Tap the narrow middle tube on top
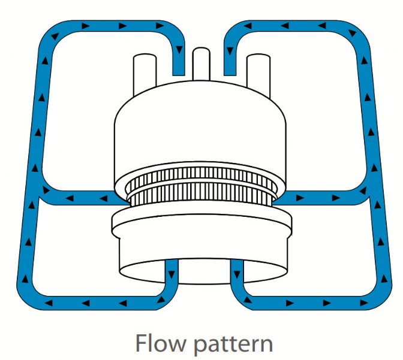point(201,64)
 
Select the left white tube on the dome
point(145,74)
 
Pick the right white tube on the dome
point(258,75)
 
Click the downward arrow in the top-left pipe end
point(179,49)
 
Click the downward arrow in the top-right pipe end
point(230,50)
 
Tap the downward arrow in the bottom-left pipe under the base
point(171,274)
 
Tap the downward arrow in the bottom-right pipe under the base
point(237,274)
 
